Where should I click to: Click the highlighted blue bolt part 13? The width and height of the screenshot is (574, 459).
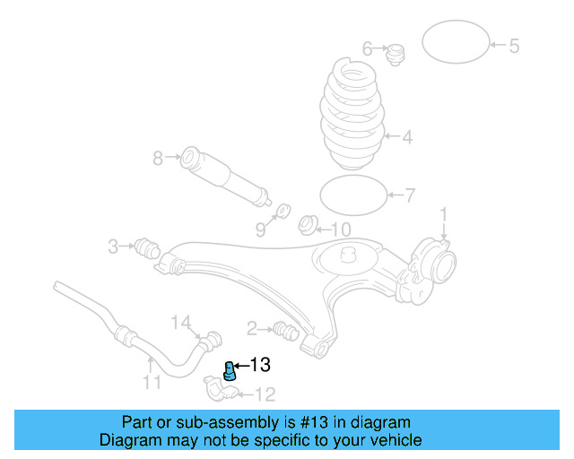(x=229, y=370)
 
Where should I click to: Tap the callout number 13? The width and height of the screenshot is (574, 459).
(x=259, y=365)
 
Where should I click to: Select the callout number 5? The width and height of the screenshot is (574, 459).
(x=514, y=46)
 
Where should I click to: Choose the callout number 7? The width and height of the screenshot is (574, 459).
(x=410, y=195)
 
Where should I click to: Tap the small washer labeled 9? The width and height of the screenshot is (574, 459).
(x=282, y=211)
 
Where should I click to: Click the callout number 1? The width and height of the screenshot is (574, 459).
(x=442, y=214)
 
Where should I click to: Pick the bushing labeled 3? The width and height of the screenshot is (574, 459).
(x=145, y=246)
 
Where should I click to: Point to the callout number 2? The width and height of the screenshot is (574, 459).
(x=252, y=328)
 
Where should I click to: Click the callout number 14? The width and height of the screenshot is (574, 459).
(x=181, y=322)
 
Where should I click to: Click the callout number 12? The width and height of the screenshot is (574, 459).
(x=265, y=394)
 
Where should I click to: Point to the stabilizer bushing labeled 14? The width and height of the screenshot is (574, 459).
(x=213, y=341)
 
